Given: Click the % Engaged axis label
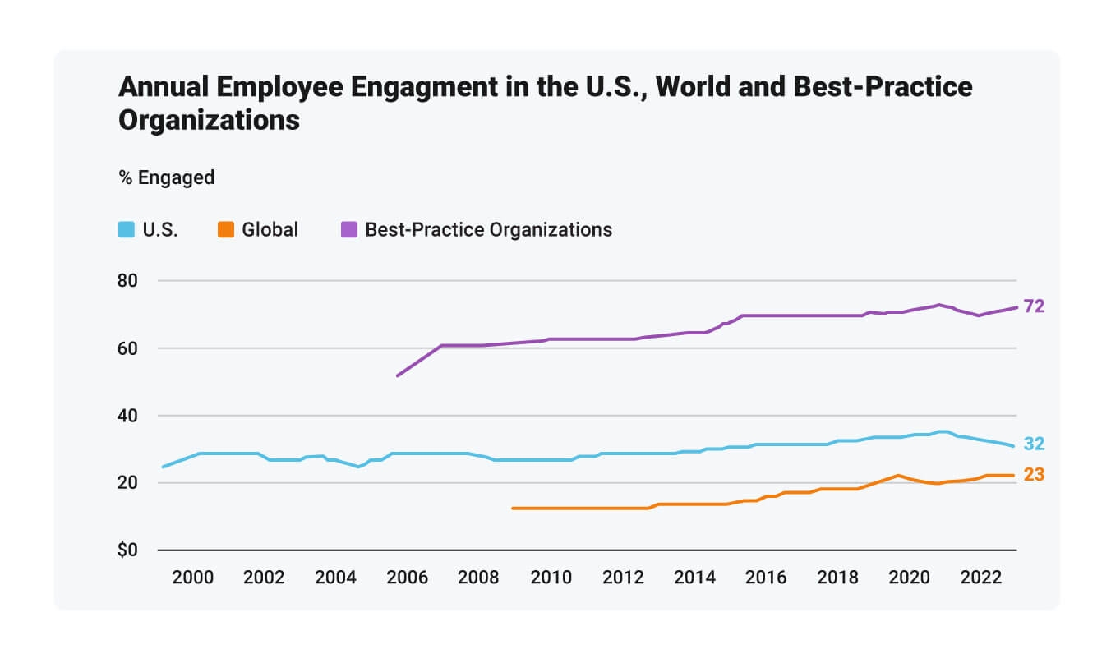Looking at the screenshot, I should click(x=167, y=177).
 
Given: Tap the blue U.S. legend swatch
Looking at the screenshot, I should click(x=127, y=230).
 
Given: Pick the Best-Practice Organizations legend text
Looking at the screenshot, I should click(x=488, y=230).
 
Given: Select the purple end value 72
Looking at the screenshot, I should click(x=1034, y=306).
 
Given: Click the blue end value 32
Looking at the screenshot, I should click(x=1034, y=444).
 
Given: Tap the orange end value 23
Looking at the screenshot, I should click(x=1034, y=475).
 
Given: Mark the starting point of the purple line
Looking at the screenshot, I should click(x=398, y=375).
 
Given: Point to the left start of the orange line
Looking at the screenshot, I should click(x=513, y=509).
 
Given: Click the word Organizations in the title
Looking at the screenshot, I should click(x=209, y=120).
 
